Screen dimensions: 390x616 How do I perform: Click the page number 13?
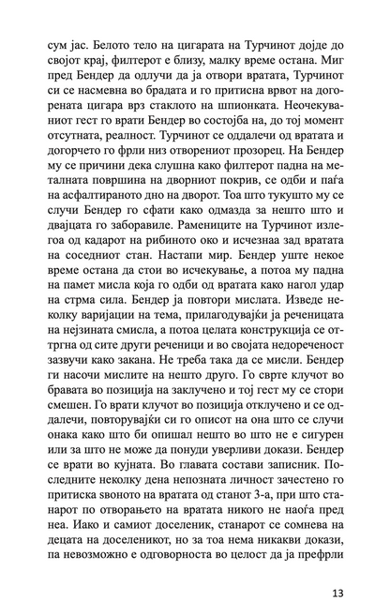[338, 593]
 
